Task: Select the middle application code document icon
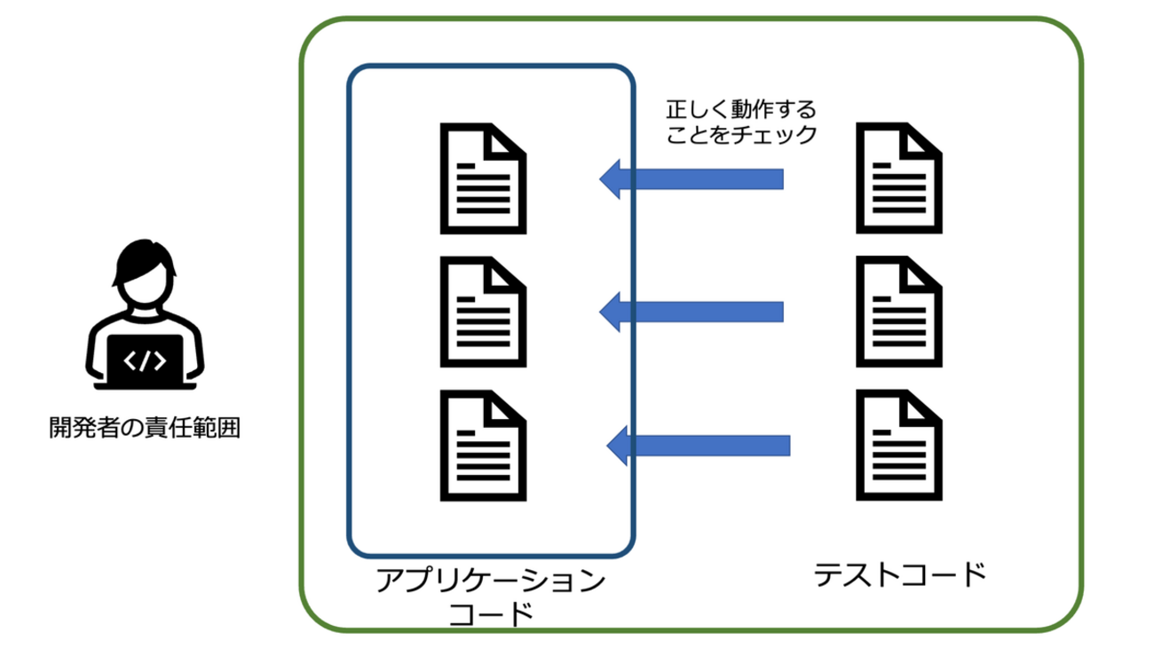[x=484, y=312]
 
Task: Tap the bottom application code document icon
[x=484, y=446]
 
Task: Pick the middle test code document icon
[x=898, y=312]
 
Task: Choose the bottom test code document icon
[x=898, y=446]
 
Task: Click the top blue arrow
[x=692, y=179]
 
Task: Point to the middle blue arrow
[x=692, y=312]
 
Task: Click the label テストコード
[x=900, y=574]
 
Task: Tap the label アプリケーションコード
[x=491, y=598]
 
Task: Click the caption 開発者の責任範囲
[x=145, y=430]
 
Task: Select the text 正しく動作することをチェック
[x=740, y=123]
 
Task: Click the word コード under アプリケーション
[x=491, y=614]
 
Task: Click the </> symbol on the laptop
[x=145, y=361]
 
